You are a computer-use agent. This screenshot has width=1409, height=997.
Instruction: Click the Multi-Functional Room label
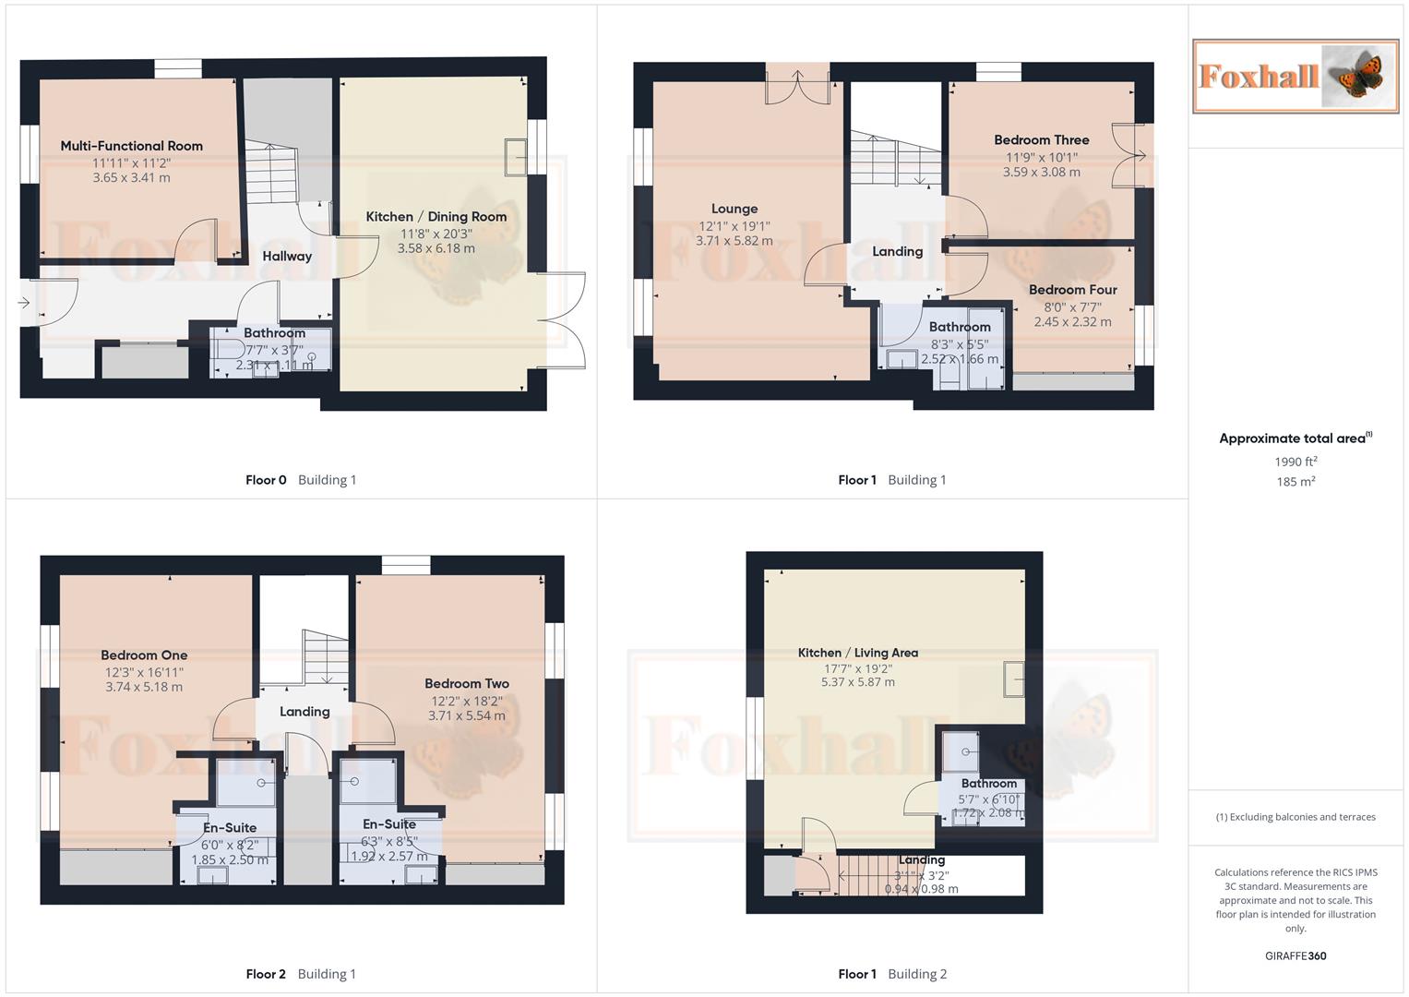point(131,146)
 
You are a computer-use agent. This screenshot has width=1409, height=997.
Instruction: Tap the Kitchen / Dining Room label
point(436,217)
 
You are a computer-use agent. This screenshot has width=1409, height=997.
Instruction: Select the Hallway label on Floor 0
point(287,257)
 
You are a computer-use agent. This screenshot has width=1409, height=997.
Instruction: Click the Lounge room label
point(734,210)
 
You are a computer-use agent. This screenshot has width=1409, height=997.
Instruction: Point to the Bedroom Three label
point(1041,140)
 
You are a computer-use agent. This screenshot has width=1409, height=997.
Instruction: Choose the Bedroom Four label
point(1072,290)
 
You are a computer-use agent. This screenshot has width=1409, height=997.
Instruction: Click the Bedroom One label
point(144,655)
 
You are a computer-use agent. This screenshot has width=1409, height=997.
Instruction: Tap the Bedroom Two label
point(466,684)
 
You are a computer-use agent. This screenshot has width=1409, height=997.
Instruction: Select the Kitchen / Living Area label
point(857,653)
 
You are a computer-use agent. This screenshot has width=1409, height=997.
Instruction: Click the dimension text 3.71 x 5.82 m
point(734,241)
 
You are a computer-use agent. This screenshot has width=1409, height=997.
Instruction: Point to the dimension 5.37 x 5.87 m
point(857,682)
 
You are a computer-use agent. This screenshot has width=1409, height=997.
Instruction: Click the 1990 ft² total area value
point(1296,462)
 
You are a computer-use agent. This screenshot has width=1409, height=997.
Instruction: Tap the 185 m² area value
point(1296,482)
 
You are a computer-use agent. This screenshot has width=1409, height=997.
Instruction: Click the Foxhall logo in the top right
point(1296,76)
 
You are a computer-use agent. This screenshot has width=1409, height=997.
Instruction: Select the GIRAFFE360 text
point(1296,956)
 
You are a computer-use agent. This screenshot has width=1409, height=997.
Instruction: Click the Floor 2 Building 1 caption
point(301,974)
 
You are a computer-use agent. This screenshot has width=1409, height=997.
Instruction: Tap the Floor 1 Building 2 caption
point(892,974)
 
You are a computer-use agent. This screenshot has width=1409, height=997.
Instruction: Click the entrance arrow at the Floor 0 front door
point(24,303)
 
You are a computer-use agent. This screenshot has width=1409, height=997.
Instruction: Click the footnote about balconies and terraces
point(1296,817)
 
